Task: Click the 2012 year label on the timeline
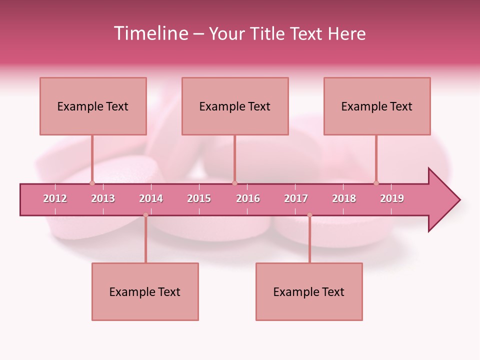tap(55, 198)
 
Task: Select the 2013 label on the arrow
tap(103, 198)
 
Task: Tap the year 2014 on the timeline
tap(151, 198)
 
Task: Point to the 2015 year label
tap(199, 198)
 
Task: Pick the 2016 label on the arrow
tap(248, 198)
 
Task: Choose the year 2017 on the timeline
tap(296, 198)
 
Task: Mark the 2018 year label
tap(344, 198)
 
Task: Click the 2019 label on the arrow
tap(392, 198)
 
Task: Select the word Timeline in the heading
tap(150, 33)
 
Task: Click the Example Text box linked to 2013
tap(93, 106)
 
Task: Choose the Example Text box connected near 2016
tap(235, 106)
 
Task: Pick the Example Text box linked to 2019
tap(377, 106)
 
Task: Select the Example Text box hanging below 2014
tap(145, 291)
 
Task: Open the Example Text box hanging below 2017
tap(309, 291)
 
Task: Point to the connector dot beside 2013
tap(92, 183)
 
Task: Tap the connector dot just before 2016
tap(234, 183)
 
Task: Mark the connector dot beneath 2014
tap(145, 215)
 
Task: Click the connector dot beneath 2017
tap(309, 215)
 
